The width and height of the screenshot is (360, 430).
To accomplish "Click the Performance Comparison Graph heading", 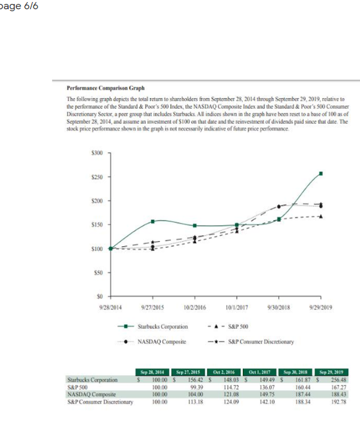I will [x=105, y=87].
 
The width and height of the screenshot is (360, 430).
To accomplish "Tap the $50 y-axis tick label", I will [x=97, y=272].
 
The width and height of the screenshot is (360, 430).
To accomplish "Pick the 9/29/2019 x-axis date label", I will [x=320, y=307].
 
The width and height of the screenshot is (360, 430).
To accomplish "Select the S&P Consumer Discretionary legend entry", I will [x=260, y=342].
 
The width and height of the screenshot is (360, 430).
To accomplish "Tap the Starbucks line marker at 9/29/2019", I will [x=321, y=173].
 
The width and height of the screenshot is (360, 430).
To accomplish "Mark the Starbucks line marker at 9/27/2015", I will [x=153, y=221].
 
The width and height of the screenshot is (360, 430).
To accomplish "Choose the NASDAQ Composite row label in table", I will [x=90, y=393].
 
